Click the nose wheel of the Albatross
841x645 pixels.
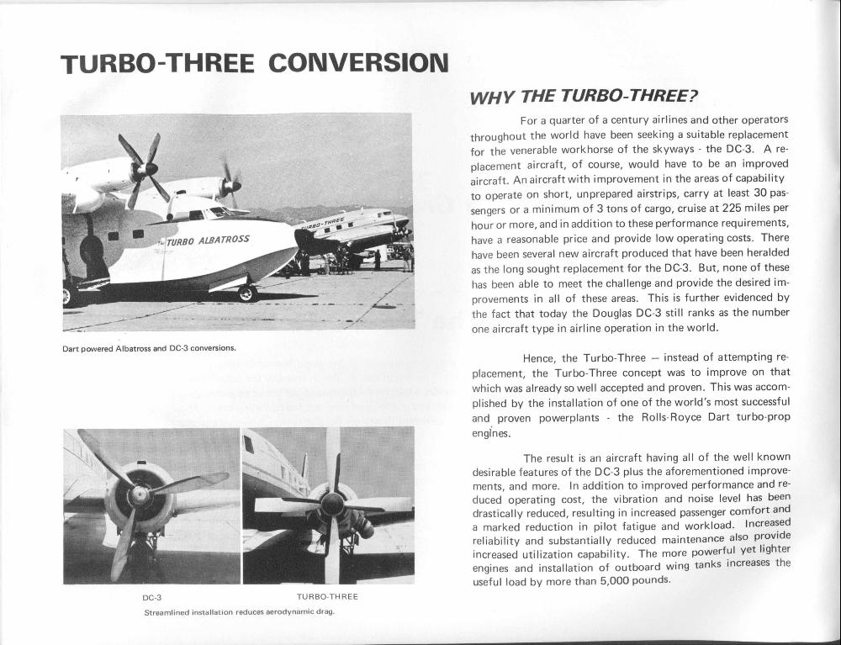246,293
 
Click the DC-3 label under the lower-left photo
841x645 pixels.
151,597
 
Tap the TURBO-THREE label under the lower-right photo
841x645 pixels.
327,597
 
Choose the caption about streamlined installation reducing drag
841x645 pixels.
240,611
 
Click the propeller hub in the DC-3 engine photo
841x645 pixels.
138,496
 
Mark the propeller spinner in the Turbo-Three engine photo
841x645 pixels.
332,503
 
